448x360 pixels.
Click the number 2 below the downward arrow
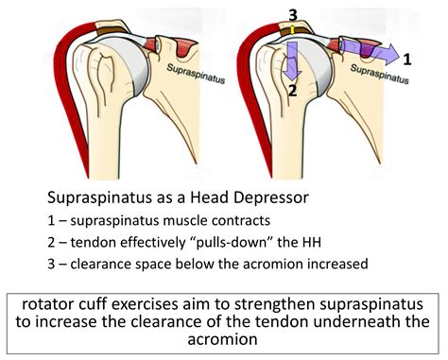[x=294, y=92]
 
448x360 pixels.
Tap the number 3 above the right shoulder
[x=293, y=12]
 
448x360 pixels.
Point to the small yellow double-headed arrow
[x=293, y=30]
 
